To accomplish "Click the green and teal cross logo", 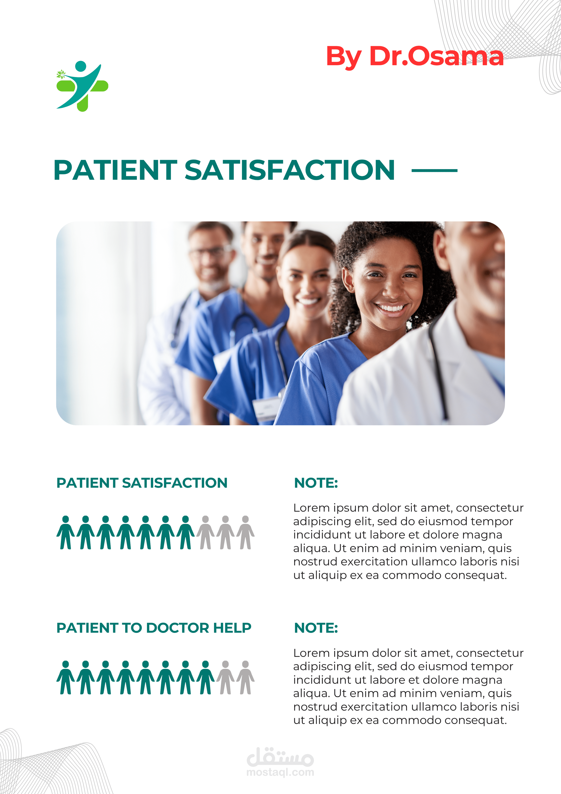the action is click(82, 86).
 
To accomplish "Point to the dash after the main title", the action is click(434, 170).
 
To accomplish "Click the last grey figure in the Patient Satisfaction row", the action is click(245, 532).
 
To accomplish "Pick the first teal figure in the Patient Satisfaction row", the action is click(66, 532).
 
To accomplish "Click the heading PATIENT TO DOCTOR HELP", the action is click(154, 628).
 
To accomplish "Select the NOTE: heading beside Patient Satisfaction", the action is click(316, 483).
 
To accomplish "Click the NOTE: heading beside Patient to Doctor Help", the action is click(316, 628).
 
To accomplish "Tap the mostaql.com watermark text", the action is click(280, 772).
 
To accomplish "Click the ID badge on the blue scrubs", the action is click(266, 408).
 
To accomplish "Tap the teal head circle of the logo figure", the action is click(81, 66).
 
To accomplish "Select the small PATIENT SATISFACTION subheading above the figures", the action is click(142, 483).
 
